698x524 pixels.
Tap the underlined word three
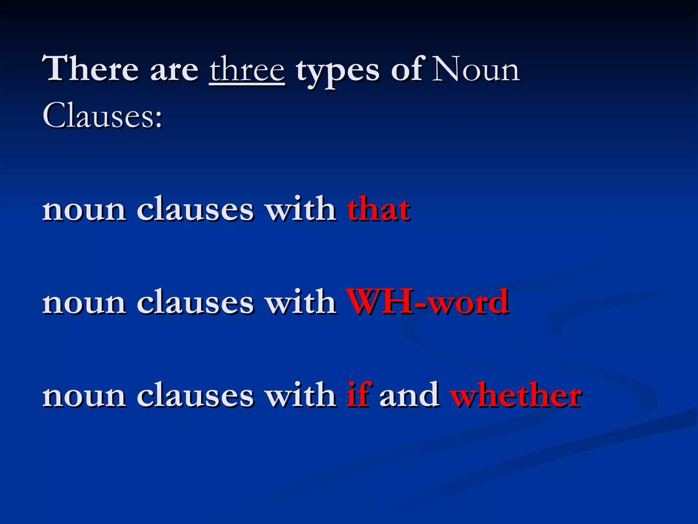pyautogui.click(x=247, y=70)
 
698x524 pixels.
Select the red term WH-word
pyautogui.click(x=427, y=302)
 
